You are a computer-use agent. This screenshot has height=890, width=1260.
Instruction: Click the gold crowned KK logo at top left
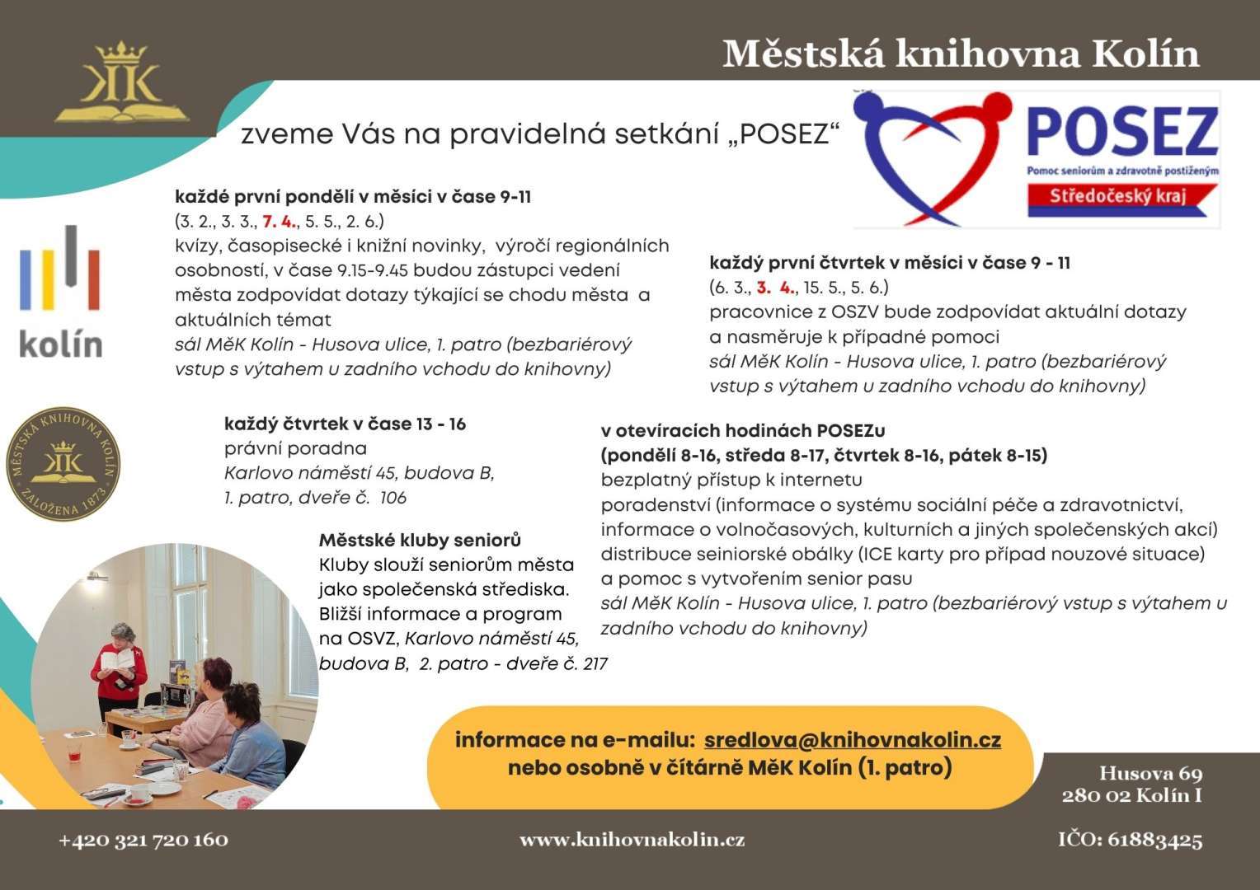(121, 83)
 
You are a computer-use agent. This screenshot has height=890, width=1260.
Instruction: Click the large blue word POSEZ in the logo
(1122, 134)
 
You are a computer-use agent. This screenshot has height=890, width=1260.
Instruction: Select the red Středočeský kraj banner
(1117, 196)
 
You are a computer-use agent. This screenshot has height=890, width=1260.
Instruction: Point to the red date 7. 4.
(279, 221)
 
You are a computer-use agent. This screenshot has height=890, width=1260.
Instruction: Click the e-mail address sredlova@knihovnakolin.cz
(853, 740)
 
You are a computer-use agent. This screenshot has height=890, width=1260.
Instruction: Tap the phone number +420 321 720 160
(143, 840)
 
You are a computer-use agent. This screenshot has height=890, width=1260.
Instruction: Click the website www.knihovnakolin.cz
(632, 840)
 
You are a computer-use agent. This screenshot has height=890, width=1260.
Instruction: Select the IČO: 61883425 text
(1130, 840)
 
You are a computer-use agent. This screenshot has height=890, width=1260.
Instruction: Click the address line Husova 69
(1150, 774)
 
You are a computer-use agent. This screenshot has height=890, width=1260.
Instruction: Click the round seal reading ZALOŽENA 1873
(63, 463)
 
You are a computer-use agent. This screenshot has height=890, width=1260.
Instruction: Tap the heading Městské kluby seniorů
(420, 541)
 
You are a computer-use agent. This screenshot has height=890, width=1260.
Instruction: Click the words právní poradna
(295, 449)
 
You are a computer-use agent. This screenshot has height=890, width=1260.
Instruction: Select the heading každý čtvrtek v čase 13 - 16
(345, 424)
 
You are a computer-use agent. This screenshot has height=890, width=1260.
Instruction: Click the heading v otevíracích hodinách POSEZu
(743, 431)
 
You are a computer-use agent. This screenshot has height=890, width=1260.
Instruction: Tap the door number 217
(595, 664)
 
